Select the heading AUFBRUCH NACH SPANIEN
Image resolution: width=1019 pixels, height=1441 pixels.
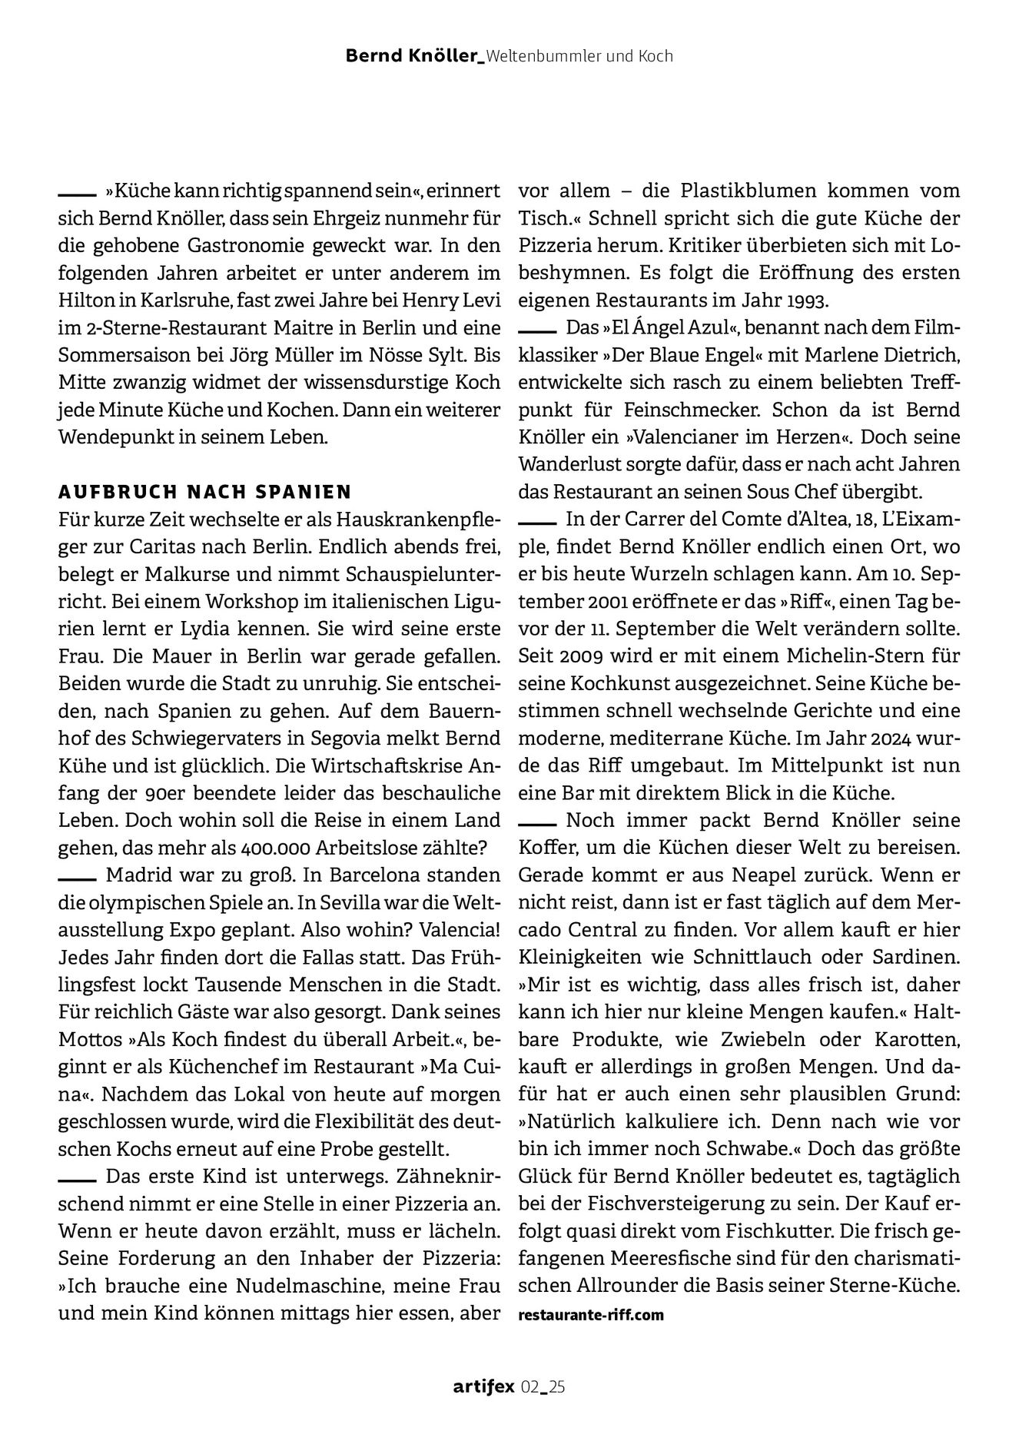tap(205, 491)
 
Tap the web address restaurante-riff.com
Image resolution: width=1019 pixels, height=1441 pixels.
tap(591, 1314)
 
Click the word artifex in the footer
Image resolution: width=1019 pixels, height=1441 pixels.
tap(483, 1386)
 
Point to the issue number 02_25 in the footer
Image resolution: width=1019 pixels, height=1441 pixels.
tap(543, 1386)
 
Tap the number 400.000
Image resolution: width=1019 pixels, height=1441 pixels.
tap(275, 848)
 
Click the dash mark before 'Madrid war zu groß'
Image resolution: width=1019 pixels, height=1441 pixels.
tap(76, 876)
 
